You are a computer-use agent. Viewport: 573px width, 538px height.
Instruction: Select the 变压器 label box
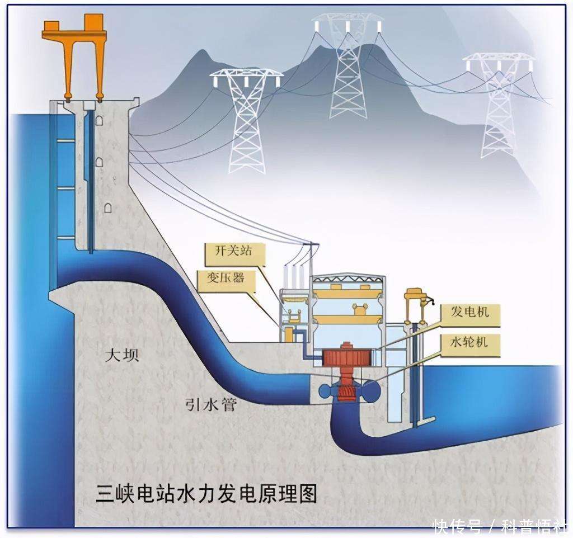(x=226, y=280)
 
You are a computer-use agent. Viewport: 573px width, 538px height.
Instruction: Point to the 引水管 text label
(x=211, y=404)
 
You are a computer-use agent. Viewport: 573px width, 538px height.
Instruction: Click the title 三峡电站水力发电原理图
(x=206, y=494)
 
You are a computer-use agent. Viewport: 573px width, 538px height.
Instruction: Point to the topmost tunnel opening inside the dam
(x=99, y=120)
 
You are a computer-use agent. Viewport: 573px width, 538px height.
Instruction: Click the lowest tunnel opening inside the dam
(x=108, y=207)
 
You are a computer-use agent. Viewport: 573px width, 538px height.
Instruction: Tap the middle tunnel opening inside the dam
(x=99, y=162)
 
